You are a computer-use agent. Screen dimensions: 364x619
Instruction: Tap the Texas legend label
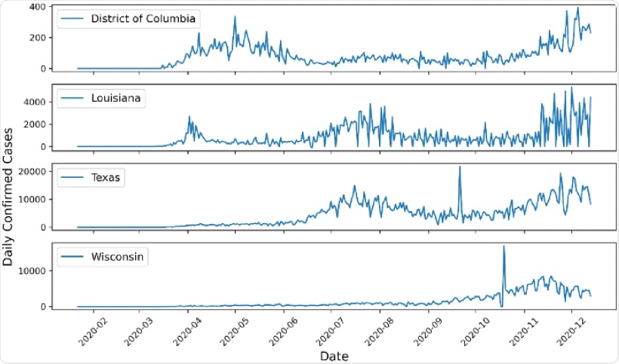click(105, 178)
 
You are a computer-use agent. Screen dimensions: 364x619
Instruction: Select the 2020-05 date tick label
click(233, 331)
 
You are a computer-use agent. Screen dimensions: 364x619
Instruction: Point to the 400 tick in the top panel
click(36, 7)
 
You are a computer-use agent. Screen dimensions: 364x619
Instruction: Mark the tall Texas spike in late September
click(460, 167)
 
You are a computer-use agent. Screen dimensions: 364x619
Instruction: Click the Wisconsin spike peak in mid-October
click(504, 246)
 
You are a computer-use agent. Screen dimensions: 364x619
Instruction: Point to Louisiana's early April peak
click(189, 117)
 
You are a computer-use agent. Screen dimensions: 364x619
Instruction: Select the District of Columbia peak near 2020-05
click(234, 17)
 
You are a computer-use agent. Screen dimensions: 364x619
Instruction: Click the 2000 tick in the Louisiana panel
click(34, 124)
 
